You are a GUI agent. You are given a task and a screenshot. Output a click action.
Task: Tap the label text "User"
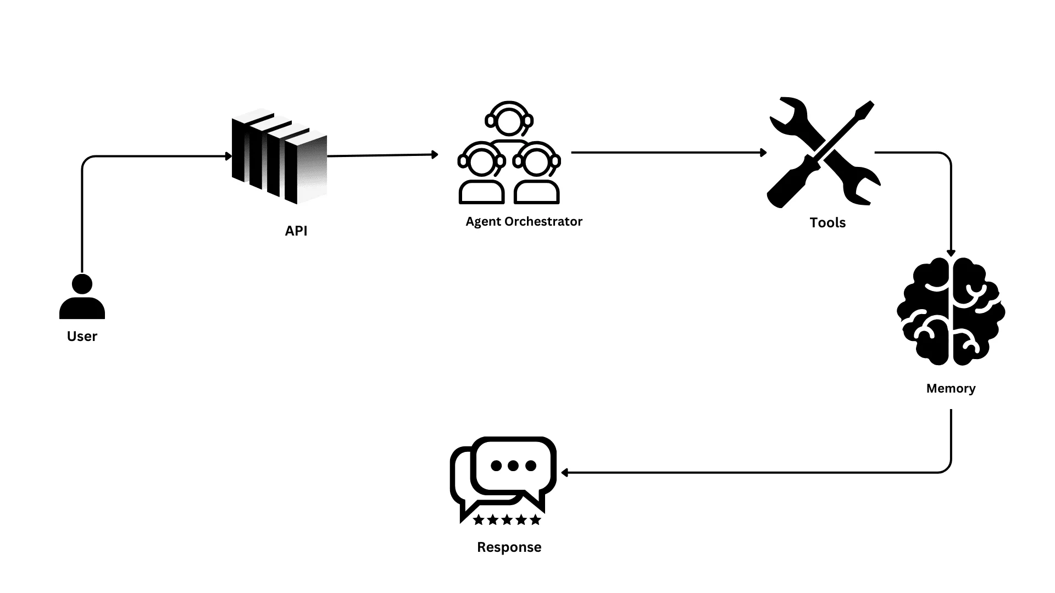(x=82, y=336)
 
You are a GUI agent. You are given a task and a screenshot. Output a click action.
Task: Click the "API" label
(x=296, y=231)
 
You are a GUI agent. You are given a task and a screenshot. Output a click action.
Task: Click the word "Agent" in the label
(x=483, y=221)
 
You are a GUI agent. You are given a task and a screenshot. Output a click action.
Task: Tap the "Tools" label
(x=827, y=222)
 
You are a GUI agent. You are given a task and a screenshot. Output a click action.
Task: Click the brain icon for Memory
(x=951, y=311)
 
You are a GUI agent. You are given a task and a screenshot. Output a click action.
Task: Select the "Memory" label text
(x=951, y=388)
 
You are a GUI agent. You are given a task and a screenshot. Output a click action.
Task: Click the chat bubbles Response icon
(x=503, y=478)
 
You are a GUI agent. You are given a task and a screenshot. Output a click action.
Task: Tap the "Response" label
(x=509, y=547)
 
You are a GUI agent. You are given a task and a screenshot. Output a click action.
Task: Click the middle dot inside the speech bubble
(x=513, y=466)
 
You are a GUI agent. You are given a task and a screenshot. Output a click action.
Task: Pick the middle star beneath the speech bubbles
(x=507, y=519)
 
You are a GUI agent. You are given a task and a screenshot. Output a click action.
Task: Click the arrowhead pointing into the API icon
(x=229, y=156)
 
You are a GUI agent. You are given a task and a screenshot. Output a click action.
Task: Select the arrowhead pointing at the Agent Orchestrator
(x=435, y=155)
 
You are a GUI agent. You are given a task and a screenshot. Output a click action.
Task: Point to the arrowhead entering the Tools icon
(x=763, y=153)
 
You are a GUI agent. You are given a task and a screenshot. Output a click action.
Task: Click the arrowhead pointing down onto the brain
(x=951, y=253)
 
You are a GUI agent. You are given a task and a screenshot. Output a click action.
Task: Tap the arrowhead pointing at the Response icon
(x=564, y=472)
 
